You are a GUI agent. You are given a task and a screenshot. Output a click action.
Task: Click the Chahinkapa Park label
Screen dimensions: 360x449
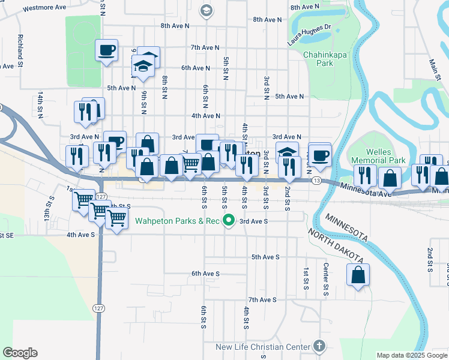pos(318,58)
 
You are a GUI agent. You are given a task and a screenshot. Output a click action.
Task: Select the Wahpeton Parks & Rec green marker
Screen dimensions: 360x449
pos(228,221)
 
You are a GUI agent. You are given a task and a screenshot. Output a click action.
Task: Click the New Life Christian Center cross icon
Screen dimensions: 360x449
pos(319,346)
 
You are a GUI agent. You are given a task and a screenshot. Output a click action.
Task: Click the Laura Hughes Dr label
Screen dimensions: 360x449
pos(310,34)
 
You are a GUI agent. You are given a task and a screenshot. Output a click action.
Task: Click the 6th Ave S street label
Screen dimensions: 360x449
pos(206,273)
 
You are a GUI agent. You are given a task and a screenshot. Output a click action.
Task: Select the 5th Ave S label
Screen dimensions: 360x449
pos(265,257)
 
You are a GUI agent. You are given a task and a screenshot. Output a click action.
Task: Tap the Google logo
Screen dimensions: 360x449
pos(20,353)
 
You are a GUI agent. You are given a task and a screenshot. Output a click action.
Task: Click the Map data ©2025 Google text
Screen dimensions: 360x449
pos(411,355)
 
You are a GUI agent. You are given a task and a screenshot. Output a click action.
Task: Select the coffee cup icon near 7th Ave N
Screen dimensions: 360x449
pos(107,50)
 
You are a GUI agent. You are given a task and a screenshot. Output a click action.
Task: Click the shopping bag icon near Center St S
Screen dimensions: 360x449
pos(358,275)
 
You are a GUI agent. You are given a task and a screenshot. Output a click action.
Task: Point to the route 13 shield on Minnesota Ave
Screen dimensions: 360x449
pos(316,180)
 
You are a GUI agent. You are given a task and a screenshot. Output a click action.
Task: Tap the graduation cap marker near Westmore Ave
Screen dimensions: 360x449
pos(206,10)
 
